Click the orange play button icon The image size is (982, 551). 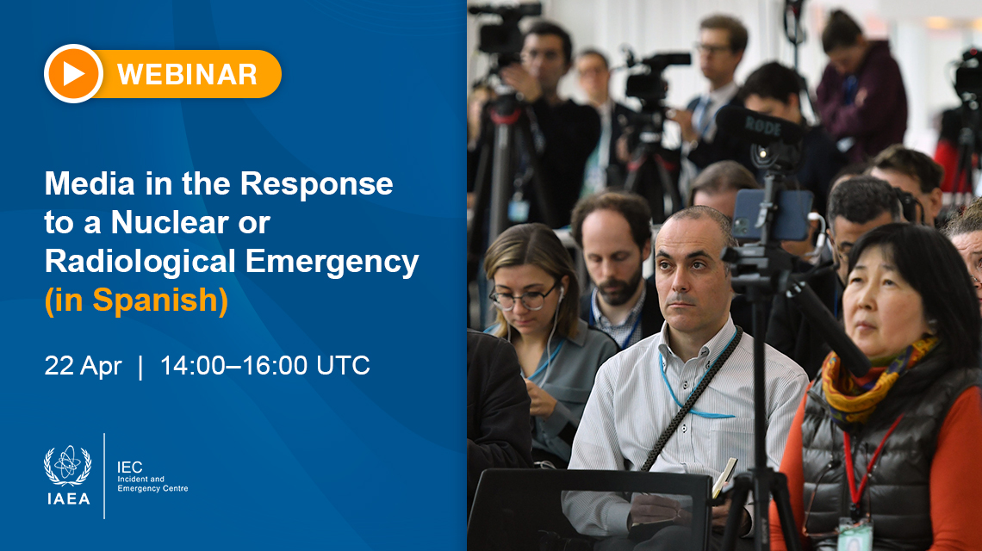click(73, 74)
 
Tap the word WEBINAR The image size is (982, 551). click(187, 74)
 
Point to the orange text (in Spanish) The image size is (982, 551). click(136, 300)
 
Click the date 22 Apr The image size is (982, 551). click(83, 366)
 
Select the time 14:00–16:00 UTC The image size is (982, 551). click(265, 366)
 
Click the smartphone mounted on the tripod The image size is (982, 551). click(772, 214)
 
